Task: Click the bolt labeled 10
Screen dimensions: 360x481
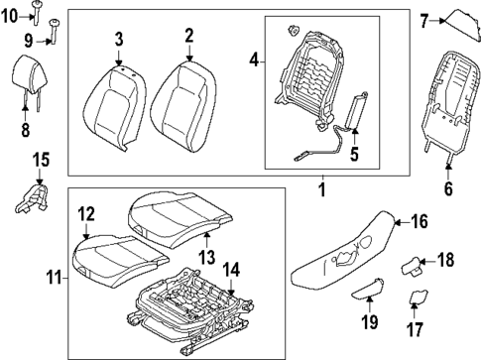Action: click(x=35, y=10)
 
